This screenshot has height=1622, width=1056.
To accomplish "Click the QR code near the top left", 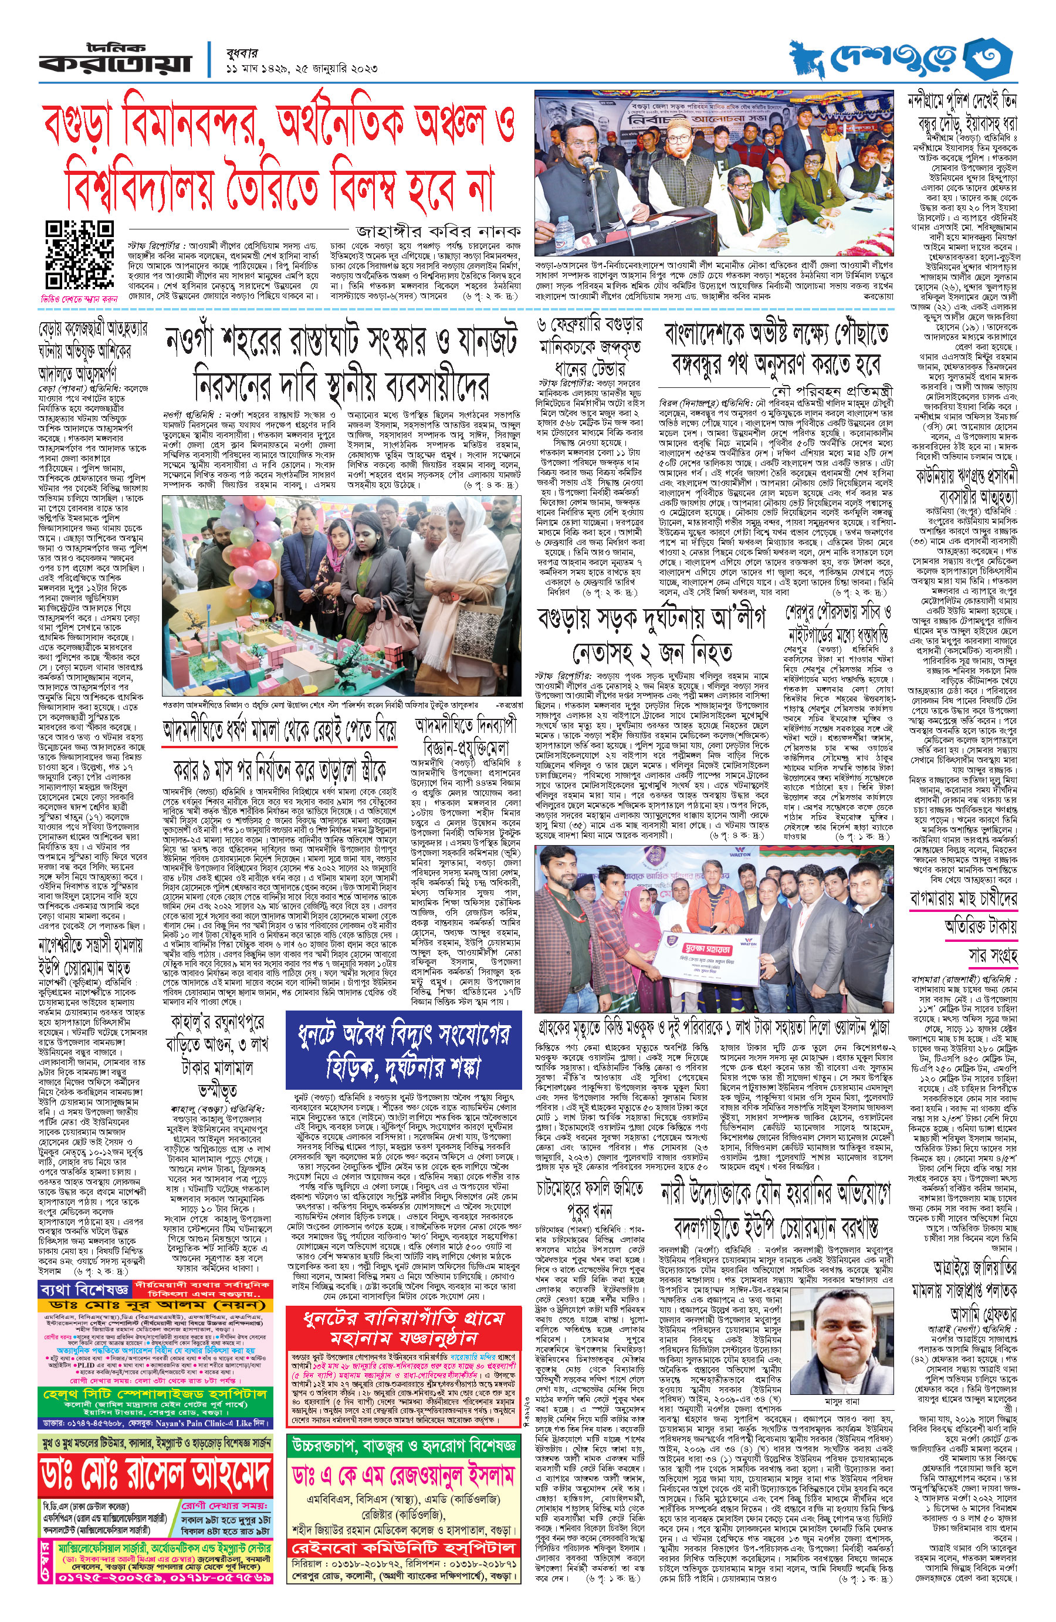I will tap(79, 255).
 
